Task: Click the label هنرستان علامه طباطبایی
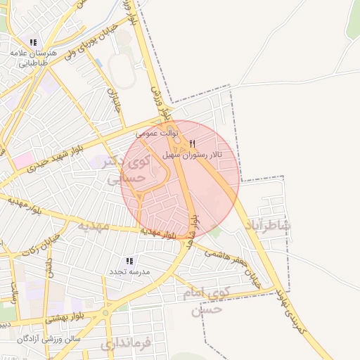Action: point(32,57)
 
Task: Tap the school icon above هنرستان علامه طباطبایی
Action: point(33,43)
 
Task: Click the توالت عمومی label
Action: point(159,132)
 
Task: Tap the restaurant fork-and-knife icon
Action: point(193,143)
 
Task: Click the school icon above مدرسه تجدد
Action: point(129,260)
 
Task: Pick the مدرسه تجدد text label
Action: point(129,271)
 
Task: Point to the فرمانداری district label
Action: point(127,345)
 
